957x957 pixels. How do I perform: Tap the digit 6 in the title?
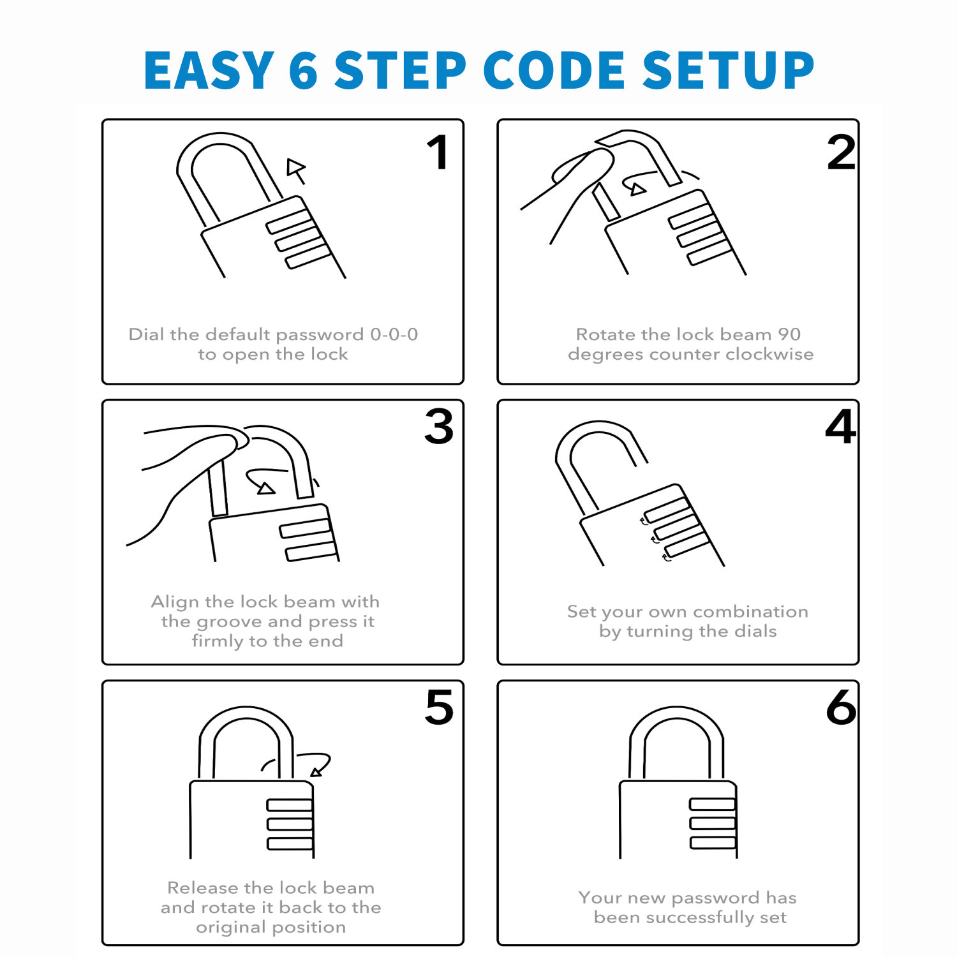303,70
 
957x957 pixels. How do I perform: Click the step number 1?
438,153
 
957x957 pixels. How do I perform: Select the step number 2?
841,153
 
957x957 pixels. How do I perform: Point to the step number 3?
439,427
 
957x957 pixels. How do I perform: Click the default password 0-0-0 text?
394,334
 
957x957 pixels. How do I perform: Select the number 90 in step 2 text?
789,334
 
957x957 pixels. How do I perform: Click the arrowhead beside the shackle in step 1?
295,168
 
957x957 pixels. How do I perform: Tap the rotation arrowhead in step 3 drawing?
265,489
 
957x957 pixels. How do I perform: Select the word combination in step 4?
750,611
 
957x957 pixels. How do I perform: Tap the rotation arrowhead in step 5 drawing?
316,772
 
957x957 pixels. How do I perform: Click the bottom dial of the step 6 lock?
713,843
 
